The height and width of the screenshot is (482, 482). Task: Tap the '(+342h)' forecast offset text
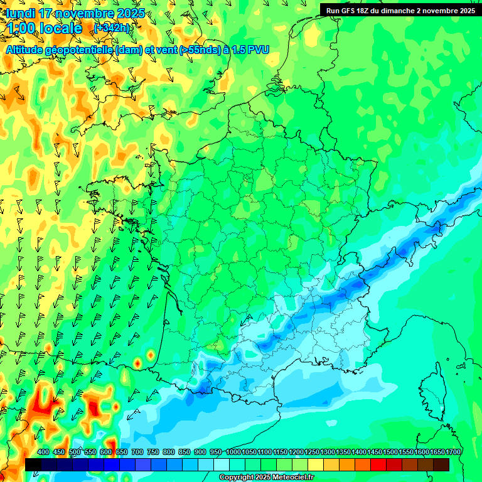[111, 28]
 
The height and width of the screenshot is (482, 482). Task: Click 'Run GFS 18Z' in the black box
[350, 10]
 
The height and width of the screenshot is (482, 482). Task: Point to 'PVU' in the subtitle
[259, 50]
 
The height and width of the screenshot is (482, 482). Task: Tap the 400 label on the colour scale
[43, 453]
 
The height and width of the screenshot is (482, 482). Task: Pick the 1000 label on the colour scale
[233, 453]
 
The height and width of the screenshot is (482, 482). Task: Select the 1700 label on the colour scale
[453, 453]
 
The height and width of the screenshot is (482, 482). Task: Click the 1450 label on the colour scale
[375, 453]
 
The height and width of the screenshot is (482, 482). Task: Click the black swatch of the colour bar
[33, 464]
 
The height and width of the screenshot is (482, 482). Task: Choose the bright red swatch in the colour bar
[378, 464]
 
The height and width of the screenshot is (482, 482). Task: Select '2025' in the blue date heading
[131, 13]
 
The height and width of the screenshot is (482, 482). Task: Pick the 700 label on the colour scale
[137, 453]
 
